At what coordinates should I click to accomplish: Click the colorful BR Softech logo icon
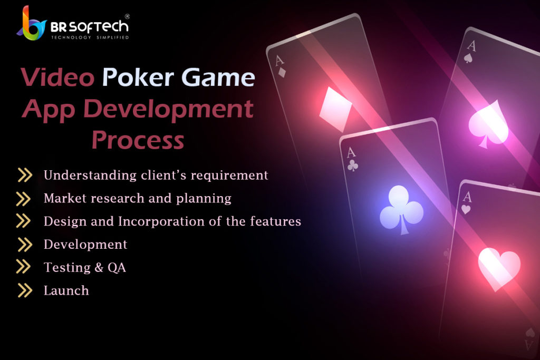coord(31,23)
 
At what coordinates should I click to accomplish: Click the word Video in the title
coord(57,77)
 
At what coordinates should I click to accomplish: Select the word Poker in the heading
coord(138,77)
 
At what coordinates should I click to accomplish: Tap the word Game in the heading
coord(218,77)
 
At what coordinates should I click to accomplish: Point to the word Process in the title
coord(138,140)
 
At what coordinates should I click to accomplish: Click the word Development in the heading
coord(168,109)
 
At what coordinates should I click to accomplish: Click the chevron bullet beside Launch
coord(25,290)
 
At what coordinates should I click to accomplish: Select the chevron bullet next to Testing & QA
coord(23,267)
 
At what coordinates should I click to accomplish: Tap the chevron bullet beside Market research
coord(23,199)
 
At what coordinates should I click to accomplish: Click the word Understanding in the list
coord(90,175)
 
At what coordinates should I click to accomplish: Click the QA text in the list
coord(117,267)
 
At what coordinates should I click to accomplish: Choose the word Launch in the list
coord(66,290)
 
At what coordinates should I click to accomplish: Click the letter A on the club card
coord(351,152)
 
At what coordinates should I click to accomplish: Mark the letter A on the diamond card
coord(279,61)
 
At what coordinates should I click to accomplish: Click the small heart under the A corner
coord(466,209)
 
